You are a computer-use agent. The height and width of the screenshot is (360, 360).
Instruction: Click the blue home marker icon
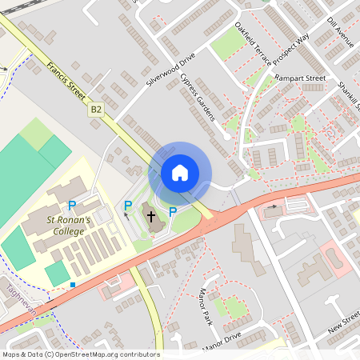click(x=180, y=173)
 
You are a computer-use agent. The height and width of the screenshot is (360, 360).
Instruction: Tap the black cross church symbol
click(x=150, y=216)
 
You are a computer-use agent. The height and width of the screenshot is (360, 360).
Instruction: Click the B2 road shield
click(x=97, y=109)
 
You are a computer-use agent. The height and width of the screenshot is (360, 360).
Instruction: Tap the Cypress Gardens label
click(x=198, y=97)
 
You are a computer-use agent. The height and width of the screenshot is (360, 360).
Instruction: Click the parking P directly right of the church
click(x=172, y=211)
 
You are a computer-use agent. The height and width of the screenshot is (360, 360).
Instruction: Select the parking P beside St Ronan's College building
click(x=72, y=206)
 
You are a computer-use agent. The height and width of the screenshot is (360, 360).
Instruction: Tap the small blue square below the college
click(x=73, y=284)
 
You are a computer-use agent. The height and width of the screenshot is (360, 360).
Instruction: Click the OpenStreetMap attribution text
click(x=81, y=354)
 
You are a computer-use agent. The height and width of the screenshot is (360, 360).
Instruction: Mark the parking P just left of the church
click(x=127, y=206)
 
